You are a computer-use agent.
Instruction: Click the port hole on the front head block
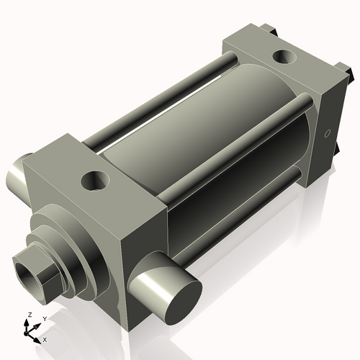click(x=94, y=179)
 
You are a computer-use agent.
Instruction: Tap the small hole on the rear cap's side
click(x=327, y=134)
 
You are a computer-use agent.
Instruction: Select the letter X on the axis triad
click(x=45, y=338)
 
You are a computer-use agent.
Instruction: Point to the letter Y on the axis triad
click(x=44, y=318)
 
